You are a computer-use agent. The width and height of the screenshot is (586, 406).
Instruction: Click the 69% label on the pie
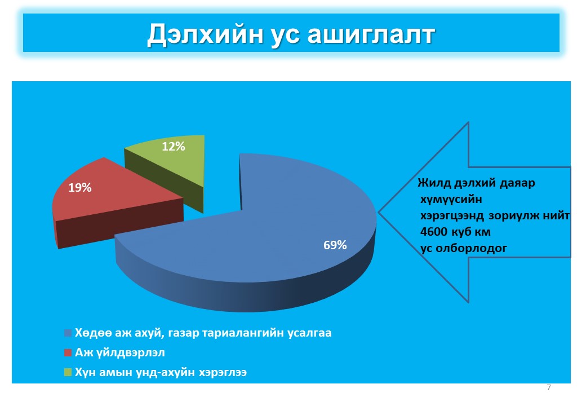click(x=335, y=245)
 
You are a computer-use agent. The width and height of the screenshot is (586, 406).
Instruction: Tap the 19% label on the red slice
click(x=80, y=188)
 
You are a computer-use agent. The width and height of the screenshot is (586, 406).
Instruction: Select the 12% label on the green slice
click(x=174, y=147)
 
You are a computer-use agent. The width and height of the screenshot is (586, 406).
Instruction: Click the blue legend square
click(x=68, y=333)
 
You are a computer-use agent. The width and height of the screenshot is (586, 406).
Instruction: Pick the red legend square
click(x=68, y=352)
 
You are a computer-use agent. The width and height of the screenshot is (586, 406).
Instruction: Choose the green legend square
click(x=68, y=372)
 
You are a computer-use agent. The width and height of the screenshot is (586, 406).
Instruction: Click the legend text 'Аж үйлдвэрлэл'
click(x=120, y=352)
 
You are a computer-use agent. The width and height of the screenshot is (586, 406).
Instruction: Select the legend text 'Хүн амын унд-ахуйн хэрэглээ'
click(x=161, y=372)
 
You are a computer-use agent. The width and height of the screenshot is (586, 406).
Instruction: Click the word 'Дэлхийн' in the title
click(x=205, y=34)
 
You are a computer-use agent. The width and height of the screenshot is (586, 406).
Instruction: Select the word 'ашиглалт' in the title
click(x=371, y=35)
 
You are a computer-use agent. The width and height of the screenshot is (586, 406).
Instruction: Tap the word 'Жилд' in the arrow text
click(x=434, y=183)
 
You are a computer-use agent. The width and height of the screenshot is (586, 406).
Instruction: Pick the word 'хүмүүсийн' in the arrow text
click(x=451, y=200)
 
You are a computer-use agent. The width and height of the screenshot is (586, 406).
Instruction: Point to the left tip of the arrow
click(x=379, y=212)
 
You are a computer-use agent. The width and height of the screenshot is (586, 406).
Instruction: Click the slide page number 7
click(x=549, y=388)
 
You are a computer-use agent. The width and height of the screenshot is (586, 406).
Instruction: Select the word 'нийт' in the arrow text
click(x=557, y=216)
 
